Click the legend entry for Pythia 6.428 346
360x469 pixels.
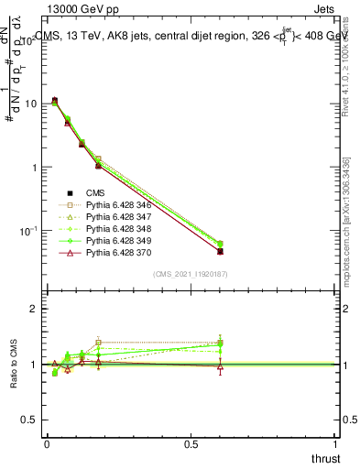(x=115, y=205)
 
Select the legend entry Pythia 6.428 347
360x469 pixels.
(x=115, y=217)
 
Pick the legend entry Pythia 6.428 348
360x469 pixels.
(x=115, y=229)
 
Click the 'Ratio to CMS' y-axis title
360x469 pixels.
(x=14, y=365)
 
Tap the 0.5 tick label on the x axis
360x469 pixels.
(x=191, y=444)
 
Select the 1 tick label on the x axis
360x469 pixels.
(x=336, y=444)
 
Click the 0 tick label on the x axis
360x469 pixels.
(x=47, y=444)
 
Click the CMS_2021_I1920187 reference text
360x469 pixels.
(x=191, y=274)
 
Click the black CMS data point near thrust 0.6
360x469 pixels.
(x=220, y=251)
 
